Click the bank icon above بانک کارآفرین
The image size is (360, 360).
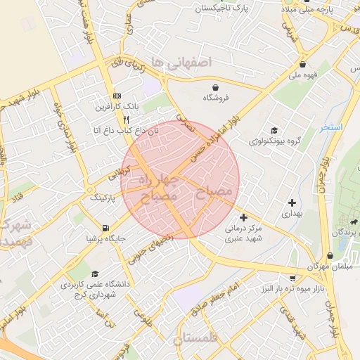pos(117,96)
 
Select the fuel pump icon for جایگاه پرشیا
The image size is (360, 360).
pos(105,228)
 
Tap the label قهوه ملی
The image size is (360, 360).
pos(307,74)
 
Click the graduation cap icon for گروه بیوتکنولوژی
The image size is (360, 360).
pos(274,131)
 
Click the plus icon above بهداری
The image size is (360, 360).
pos(291,202)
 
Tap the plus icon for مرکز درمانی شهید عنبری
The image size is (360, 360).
pos(243,217)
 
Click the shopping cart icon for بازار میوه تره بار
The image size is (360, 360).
pos(293,278)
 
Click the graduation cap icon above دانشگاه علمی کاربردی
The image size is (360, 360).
pos(94,274)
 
